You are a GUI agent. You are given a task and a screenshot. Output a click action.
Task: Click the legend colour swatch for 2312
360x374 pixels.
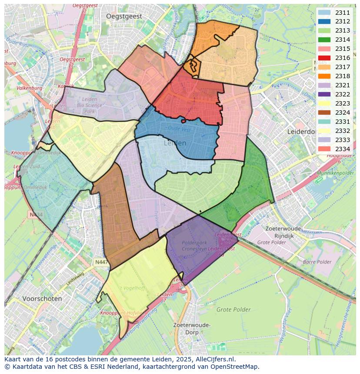(x=324, y=21)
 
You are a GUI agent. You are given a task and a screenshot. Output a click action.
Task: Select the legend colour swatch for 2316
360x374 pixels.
(x=324, y=58)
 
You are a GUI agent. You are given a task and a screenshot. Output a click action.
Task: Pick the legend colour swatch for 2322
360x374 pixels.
(x=324, y=94)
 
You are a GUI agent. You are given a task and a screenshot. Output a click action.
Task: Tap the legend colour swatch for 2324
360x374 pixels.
(x=324, y=113)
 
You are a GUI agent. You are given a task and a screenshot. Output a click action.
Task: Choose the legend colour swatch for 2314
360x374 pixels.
(x=324, y=40)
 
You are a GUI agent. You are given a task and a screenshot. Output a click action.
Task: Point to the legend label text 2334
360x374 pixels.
(x=343, y=149)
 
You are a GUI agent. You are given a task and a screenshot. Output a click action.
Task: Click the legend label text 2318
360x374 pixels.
(x=343, y=76)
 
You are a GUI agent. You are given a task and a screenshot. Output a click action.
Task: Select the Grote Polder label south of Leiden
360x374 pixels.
(x=233, y=310)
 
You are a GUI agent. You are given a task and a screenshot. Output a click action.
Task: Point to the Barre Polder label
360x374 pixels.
(x=317, y=262)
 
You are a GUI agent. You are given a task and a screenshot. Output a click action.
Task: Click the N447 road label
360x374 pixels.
(x=102, y=262)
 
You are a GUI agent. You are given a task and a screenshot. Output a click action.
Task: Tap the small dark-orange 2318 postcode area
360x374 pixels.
(x=192, y=67)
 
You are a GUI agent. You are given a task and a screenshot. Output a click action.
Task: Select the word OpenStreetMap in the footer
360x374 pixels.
(x=237, y=367)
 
